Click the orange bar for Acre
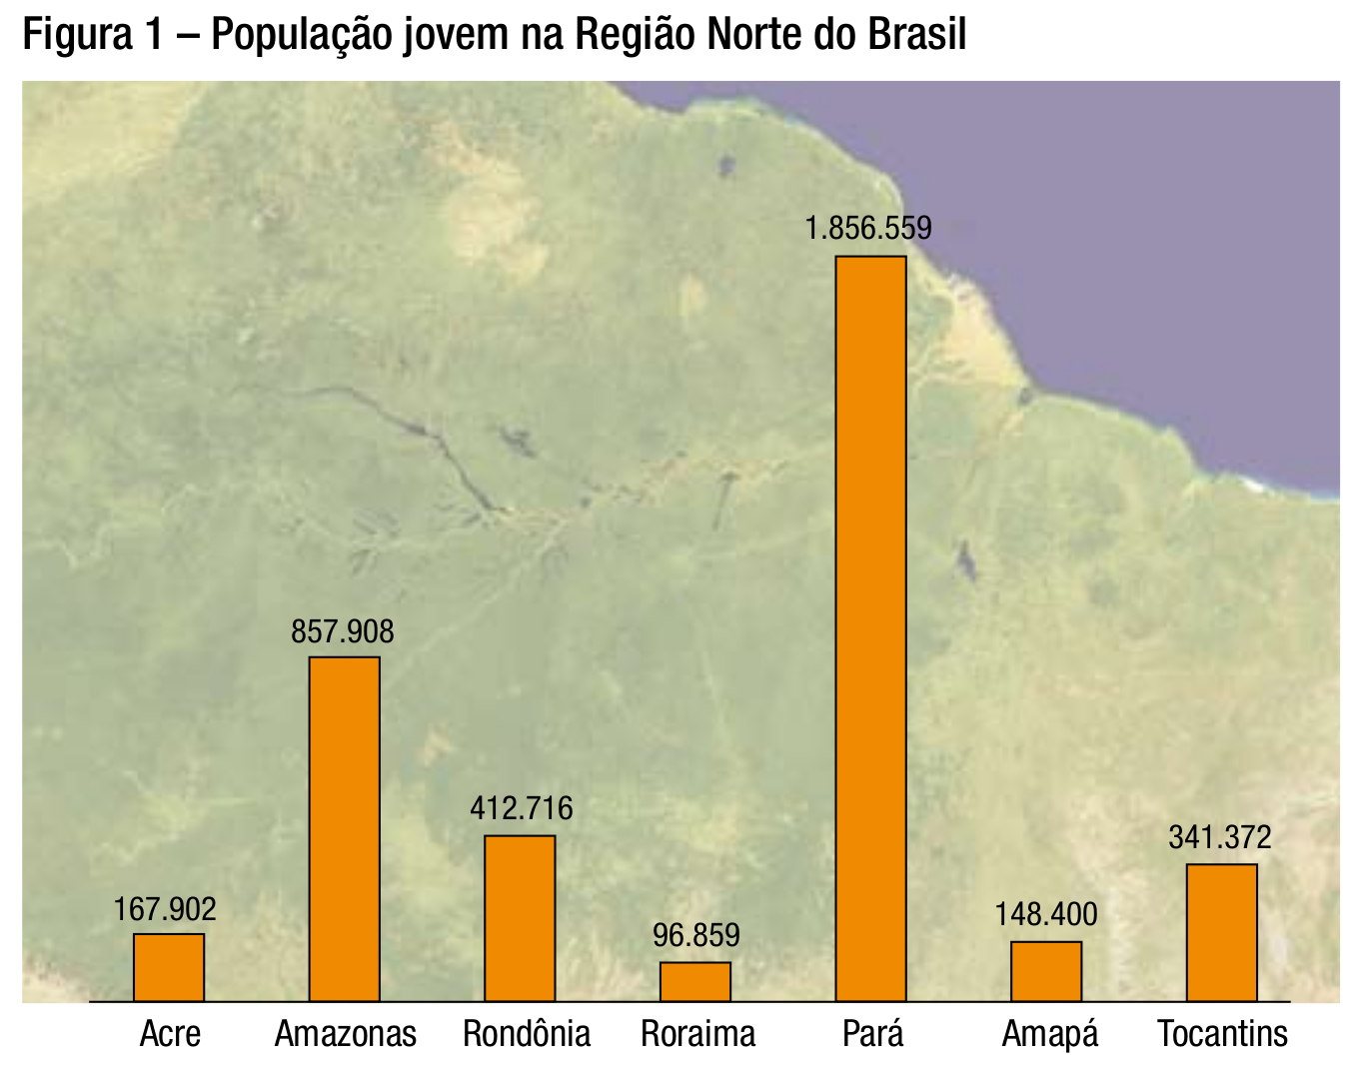pyautogui.click(x=169, y=967)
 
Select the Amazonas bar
pyautogui.click(x=344, y=829)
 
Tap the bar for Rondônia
pyautogui.click(x=520, y=918)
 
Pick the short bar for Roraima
pyautogui.click(x=695, y=981)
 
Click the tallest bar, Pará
pyautogui.click(x=870, y=629)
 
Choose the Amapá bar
pyautogui.click(x=1046, y=971)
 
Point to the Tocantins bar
pyautogui.click(x=1221, y=932)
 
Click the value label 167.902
pyautogui.click(x=165, y=909)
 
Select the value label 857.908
pyautogui.click(x=343, y=631)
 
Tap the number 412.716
pyautogui.click(x=522, y=808)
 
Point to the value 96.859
pyautogui.click(x=696, y=936)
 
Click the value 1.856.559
pyautogui.click(x=868, y=229)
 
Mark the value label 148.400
pyautogui.click(x=1046, y=914)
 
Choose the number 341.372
pyautogui.click(x=1220, y=837)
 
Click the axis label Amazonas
pyautogui.click(x=346, y=1033)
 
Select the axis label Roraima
pyautogui.click(x=697, y=1033)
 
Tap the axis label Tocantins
pyautogui.click(x=1222, y=1033)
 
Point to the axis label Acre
pyautogui.click(x=170, y=1033)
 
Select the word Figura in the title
pyautogui.click(x=70, y=37)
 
